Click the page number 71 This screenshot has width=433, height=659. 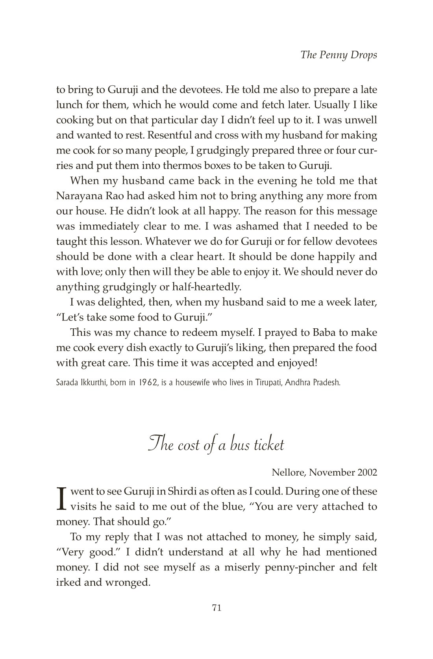216,608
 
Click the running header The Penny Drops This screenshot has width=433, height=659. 339,55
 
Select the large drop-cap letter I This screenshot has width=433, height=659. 61,499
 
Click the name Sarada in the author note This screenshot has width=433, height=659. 67,383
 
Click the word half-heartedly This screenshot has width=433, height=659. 207,287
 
